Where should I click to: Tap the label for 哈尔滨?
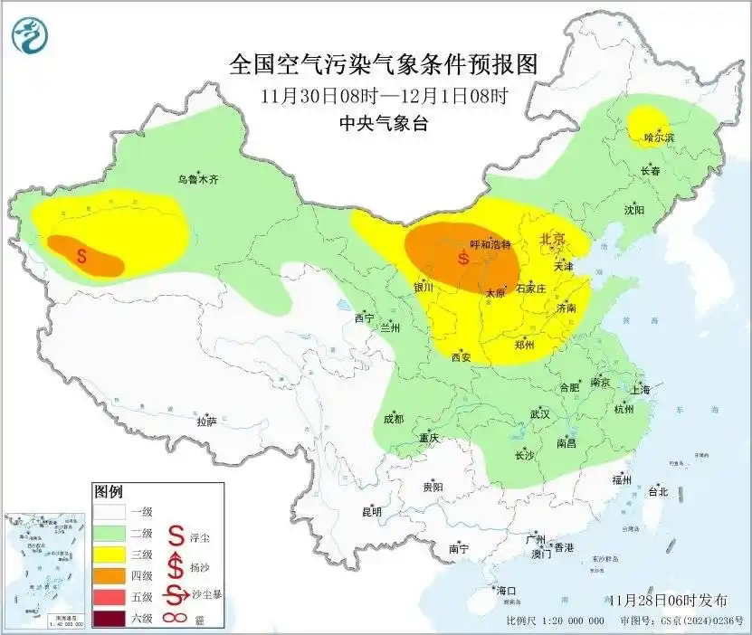point(660,137)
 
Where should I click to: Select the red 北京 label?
point(553,240)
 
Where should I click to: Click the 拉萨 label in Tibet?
point(206,421)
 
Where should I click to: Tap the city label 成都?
point(394,419)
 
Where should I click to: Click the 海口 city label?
point(506,591)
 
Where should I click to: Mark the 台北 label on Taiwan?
point(657,492)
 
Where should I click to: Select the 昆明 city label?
point(372,511)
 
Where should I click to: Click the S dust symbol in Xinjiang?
point(82,256)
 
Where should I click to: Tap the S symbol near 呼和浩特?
point(463,258)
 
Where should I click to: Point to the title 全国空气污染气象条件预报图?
point(384,64)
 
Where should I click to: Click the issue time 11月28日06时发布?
point(668,600)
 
